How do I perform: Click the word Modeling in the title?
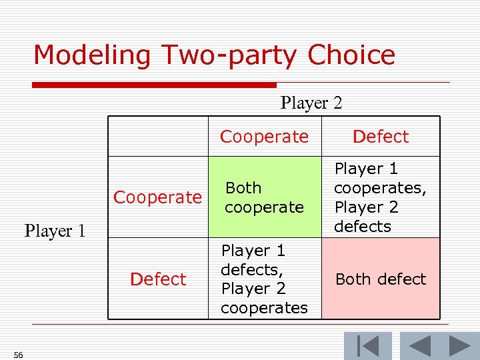pos(91,55)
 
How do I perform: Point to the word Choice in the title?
pos(351,55)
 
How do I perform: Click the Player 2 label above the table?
pos(311,103)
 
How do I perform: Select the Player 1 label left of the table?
pos(55,231)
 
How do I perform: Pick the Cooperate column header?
pos(264,137)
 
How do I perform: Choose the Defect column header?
pos(380,137)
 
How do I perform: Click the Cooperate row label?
pos(157,197)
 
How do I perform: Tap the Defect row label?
pos(158,279)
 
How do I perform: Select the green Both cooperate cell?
pos(264,197)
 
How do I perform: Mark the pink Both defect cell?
pos(381,279)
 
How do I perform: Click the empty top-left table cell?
pos(158,137)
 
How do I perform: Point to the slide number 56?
pos(18,355)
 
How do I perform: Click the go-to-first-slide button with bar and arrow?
pos(367,346)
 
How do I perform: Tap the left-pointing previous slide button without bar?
pos(419,346)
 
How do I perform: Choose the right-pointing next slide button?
pos(459,346)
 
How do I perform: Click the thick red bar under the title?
pos(154,85)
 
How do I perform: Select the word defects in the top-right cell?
pos(363,227)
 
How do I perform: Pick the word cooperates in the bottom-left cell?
pos(264,308)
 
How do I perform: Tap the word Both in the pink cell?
pos(354,279)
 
